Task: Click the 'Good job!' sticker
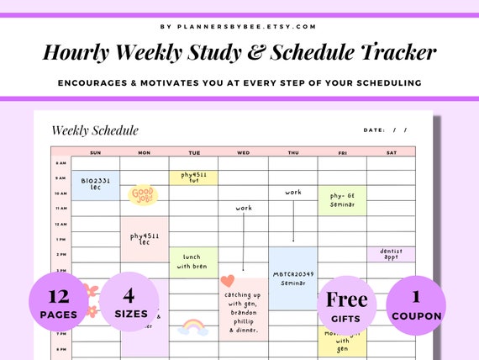[x=143, y=195]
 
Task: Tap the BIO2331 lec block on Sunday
[x=94, y=184]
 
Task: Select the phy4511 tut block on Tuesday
[x=193, y=177]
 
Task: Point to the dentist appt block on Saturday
[x=391, y=255]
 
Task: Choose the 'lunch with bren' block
[x=193, y=262]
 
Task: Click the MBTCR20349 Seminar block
[x=292, y=278]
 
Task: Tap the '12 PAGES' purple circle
[x=59, y=305]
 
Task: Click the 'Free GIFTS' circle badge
[x=346, y=305]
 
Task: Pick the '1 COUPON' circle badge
[x=416, y=305]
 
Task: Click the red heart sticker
[x=227, y=281]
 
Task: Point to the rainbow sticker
[x=193, y=326]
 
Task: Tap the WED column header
[x=243, y=152]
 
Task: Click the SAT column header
[x=391, y=152]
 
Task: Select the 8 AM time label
[x=61, y=163]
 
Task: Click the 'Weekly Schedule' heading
[x=95, y=130]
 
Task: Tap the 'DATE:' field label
[x=374, y=130]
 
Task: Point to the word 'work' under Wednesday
[x=244, y=208]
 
